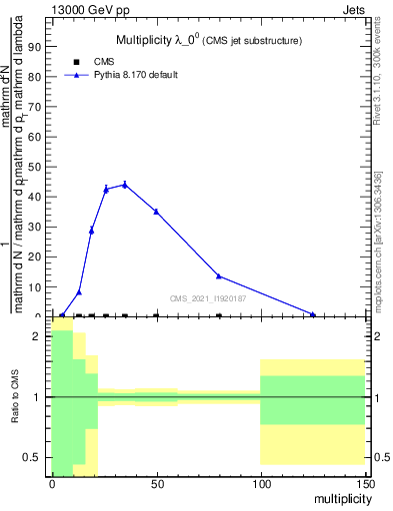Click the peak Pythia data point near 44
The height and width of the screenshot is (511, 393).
tap(125, 184)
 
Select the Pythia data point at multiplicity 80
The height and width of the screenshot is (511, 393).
tap(219, 276)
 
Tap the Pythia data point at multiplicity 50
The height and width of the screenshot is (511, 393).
tap(156, 212)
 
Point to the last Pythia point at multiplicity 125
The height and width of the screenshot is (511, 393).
tap(313, 314)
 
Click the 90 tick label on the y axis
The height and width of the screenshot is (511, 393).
tap(36, 46)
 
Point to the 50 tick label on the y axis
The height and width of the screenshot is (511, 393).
tap(36, 167)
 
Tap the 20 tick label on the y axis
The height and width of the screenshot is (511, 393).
tap(36, 256)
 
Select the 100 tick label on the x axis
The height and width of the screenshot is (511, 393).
tap(260, 483)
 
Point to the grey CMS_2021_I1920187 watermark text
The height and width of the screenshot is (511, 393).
tap(208, 297)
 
